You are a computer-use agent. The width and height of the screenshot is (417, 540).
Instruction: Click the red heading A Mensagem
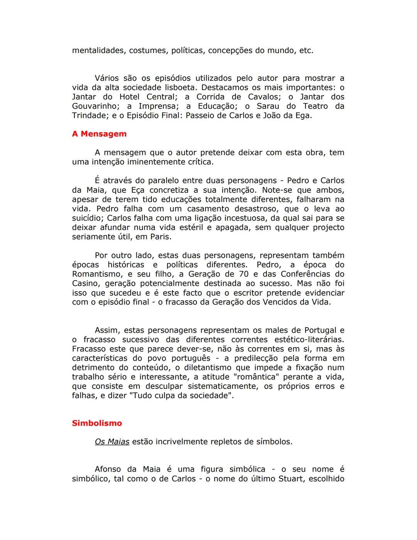click(x=99, y=134)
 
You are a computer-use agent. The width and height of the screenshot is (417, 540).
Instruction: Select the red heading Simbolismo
click(x=97, y=423)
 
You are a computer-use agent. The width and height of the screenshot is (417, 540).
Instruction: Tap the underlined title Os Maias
click(x=112, y=441)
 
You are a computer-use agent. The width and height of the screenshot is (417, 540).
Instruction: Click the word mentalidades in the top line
click(x=98, y=51)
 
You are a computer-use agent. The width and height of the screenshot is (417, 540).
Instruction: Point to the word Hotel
click(x=129, y=97)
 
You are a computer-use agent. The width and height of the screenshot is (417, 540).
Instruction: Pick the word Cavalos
click(x=264, y=97)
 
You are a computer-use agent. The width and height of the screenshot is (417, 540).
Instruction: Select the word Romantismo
click(x=97, y=274)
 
